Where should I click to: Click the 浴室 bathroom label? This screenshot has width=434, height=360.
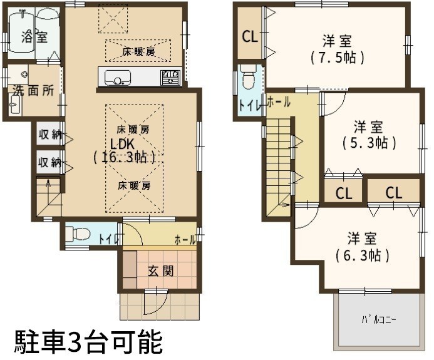34,36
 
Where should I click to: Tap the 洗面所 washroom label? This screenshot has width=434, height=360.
33,91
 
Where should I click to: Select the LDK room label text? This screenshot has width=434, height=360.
122,144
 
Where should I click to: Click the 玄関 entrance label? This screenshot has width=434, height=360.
161,271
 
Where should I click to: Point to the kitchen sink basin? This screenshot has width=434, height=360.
118,78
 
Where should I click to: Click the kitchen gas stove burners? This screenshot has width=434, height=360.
170,78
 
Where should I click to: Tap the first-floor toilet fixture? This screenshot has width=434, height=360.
78,234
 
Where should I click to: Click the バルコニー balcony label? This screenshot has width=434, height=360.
379,320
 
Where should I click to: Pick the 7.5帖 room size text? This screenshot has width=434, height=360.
337,58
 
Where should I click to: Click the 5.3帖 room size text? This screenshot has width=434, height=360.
369,143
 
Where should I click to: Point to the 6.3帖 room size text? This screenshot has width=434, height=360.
363,255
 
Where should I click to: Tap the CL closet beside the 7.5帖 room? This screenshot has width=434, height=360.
250,36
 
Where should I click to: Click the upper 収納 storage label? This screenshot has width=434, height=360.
50,134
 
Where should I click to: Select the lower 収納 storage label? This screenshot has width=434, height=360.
50,162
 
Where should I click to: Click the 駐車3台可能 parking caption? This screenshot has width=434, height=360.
88,341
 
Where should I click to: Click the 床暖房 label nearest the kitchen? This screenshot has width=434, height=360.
138,52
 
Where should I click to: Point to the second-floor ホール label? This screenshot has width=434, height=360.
279,103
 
